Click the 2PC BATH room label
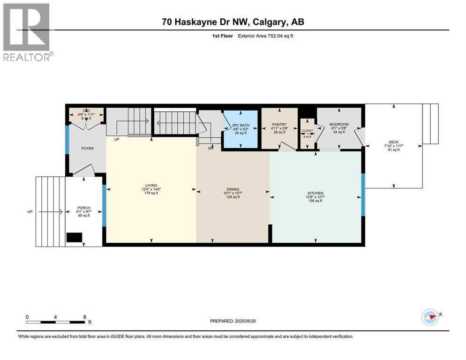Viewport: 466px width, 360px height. (x=240, y=125)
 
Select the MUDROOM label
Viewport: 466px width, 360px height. (x=338, y=125)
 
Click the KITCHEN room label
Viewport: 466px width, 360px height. (x=315, y=193)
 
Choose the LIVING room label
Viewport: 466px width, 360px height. (x=151, y=185)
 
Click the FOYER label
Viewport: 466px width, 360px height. (x=87, y=148)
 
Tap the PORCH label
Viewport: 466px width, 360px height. (x=84, y=208)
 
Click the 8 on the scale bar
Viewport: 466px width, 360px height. (x=84, y=317)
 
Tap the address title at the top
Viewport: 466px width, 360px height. (x=233, y=22)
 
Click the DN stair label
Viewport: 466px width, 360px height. (x=211, y=149)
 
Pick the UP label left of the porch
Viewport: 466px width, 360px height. (x=30, y=212)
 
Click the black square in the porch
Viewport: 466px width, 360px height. (x=74, y=238)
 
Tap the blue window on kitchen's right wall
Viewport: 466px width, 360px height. (x=362, y=195)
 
